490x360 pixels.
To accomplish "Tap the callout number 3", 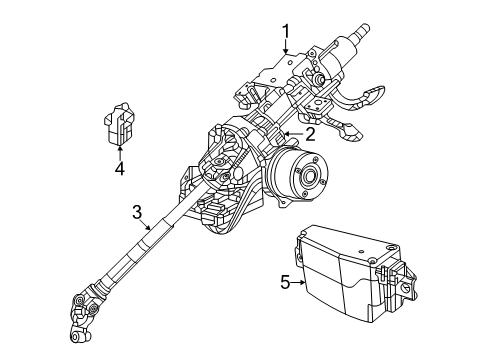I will pyautogui.click(x=137, y=210).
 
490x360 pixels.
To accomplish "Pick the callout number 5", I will pyautogui.click(x=285, y=282).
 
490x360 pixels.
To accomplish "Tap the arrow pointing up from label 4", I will pyautogui.click(x=119, y=150).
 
